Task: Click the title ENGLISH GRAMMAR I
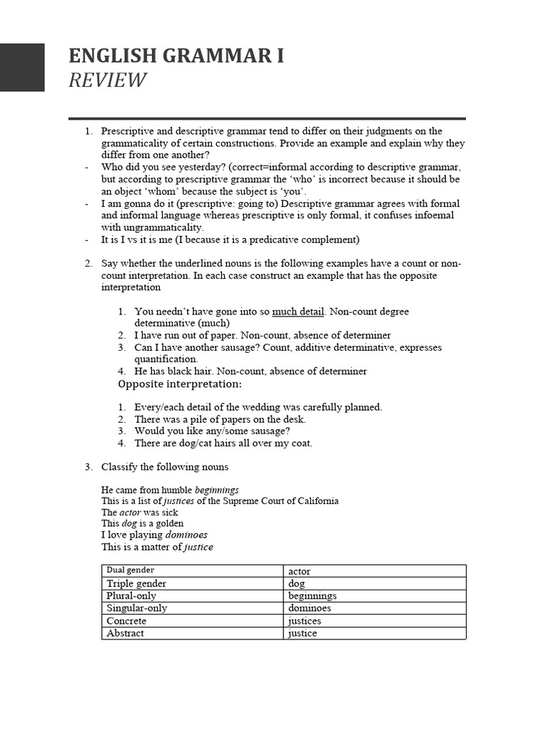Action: [x=176, y=56]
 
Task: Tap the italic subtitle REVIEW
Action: [x=107, y=81]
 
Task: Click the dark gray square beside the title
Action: [x=22, y=68]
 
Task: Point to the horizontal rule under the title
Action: [x=267, y=118]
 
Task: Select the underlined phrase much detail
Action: [x=298, y=312]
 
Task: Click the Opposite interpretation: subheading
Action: [x=180, y=384]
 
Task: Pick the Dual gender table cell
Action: [x=193, y=570]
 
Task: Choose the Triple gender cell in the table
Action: [x=193, y=583]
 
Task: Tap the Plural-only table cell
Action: [x=193, y=595]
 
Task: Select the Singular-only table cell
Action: [x=193, y=608]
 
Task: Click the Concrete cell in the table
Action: [x=193, y=621]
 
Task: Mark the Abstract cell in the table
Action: [x=193, y=633]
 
